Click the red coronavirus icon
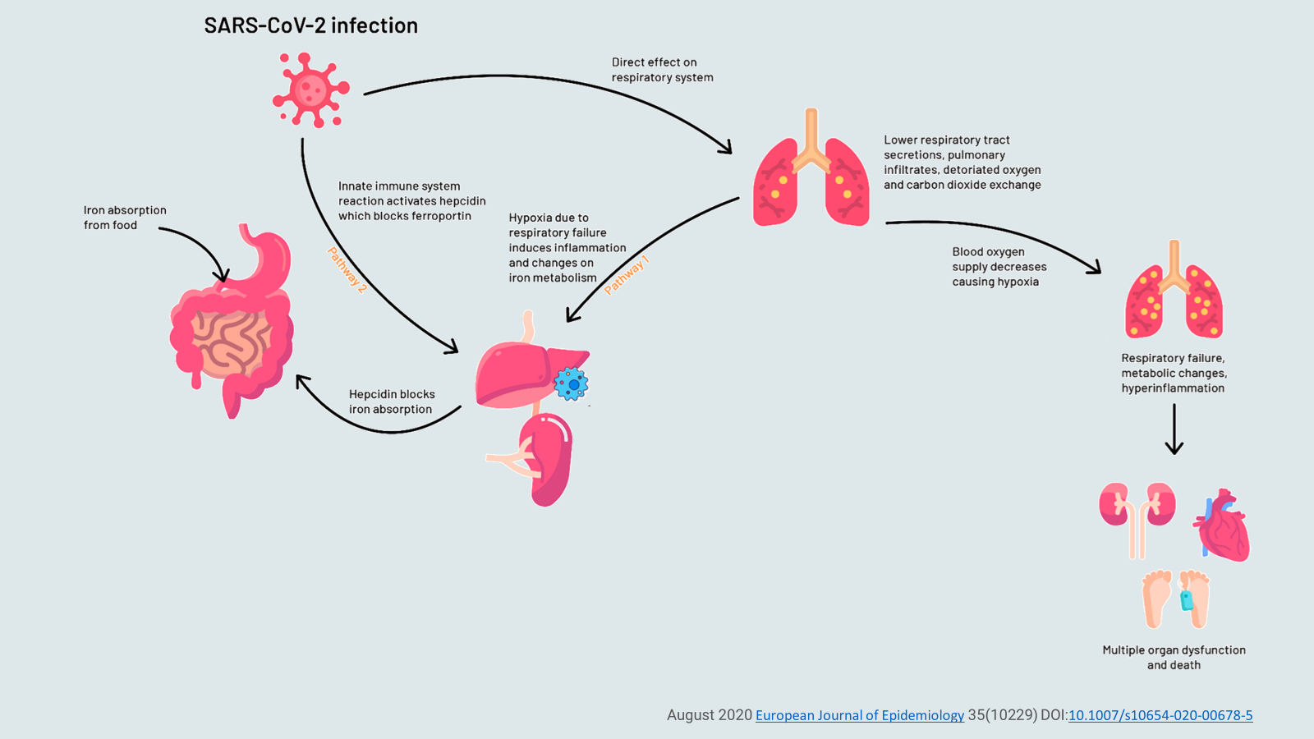click(x=310, y=90)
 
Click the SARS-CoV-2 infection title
click(x=310, y=25)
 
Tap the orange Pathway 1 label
click(x=627, y=274)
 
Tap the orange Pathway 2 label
click(x=347, y=269)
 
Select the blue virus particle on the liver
click(x=571, y=383)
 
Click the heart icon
click(x=1223, y=526)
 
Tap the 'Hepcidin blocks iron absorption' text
click(x=392, y=402)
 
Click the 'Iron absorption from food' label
click(x=125, y=218)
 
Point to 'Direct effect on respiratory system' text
click(x=662, y=70)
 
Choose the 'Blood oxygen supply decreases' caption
click(x=999, y=267)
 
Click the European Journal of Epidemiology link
click(x=859, y=715)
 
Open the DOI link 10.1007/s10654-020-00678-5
click(x=1160, y=715)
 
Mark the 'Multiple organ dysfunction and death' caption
click(x=1174, y=657)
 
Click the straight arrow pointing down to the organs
click(x=1174, y=429)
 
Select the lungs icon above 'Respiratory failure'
click(x=1174, y=291)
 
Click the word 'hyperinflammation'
click(x=1173, y=388)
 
